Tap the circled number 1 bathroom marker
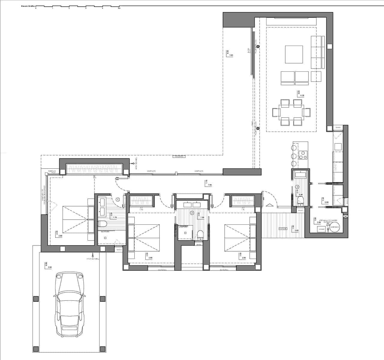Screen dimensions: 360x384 pos(118,199)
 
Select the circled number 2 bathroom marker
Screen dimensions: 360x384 pos(192,213)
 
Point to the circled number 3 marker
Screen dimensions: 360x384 pos(297,186)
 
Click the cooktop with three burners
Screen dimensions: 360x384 pos(303,155)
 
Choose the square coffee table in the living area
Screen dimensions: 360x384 pos(294,54)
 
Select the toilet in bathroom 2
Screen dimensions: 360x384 pos(200,234)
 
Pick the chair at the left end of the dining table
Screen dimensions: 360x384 pos(276,112)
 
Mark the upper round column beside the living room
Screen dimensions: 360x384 pos(257,46)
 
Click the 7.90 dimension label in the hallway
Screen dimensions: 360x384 pos(210,185)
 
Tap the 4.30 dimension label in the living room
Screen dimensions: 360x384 pos(302,95)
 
